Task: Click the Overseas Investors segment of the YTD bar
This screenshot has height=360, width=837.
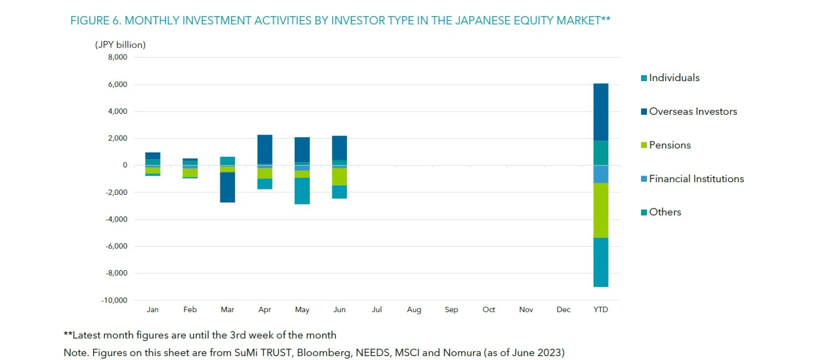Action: point(601,112)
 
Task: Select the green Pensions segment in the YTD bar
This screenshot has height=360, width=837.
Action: point(601,210)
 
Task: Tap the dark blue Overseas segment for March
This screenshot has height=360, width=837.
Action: point(228,187)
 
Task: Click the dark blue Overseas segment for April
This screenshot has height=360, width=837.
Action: point(265,149)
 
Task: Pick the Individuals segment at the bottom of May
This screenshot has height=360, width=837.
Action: point(302,191)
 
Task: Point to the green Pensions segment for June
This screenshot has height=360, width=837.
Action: point(340,177)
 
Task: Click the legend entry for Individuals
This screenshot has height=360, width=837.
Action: point(674,78)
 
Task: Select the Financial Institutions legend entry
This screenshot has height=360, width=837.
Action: point(696,179)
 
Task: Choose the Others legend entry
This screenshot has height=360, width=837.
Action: point(665,212)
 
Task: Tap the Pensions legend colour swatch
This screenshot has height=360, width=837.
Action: point(644,145)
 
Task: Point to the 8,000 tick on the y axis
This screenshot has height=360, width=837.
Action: point(118,57)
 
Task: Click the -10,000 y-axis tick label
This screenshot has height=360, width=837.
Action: point(114,300)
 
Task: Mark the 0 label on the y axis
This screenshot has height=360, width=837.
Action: point(125,165)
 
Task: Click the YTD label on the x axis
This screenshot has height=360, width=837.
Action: point(601,309)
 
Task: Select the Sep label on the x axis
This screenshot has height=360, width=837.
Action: point(451,309)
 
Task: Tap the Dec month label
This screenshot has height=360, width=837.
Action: point(563,309)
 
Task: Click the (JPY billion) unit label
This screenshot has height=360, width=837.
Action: point(120,44)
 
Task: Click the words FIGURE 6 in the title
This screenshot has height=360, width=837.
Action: point(95,20)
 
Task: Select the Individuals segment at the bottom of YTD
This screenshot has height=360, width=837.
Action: point(601,262)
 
